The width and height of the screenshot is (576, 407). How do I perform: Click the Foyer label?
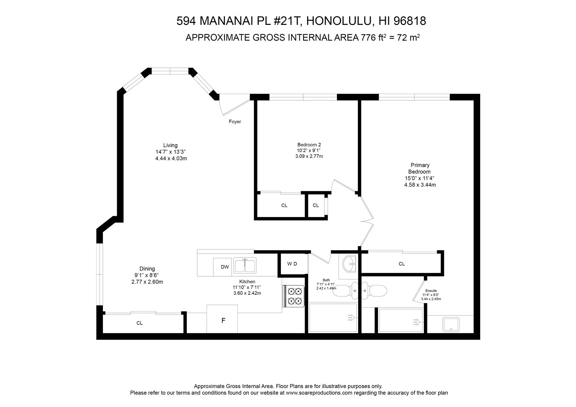tap(235, 122)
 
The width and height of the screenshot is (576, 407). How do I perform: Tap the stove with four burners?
tap(293, 296)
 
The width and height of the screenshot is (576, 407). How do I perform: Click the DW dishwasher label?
tap(225, 267)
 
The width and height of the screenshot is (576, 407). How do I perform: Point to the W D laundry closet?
tap(292, 264)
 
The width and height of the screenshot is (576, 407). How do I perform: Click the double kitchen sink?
tap(245, 265)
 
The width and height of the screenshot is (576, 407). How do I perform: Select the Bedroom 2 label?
tap(309, 145)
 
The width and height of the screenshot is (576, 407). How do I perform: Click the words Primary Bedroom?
tap(420, 168)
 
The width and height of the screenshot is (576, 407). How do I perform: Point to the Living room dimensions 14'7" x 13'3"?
tap(171, 152)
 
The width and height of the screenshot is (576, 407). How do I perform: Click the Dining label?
tap(147, 269)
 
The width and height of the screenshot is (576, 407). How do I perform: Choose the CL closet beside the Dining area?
tap(140, 323)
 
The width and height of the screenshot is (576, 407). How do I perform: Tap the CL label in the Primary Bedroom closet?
tap(401, 264)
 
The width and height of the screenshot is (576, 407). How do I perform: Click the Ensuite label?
tap(431, 291)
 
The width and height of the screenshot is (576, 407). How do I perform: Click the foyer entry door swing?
tap(233, 105)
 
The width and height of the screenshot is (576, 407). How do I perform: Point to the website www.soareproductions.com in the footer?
tap(319, 393)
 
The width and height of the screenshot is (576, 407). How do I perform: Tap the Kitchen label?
tap(247, 281)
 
